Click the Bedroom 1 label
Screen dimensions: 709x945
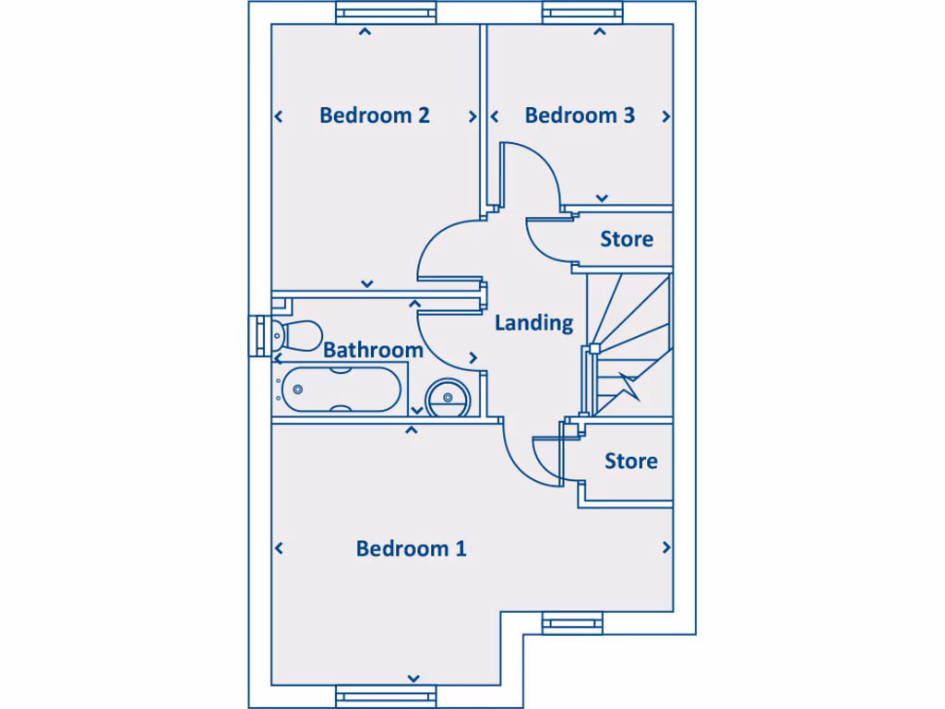pos(411,548)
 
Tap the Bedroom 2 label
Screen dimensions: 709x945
pos(374,115)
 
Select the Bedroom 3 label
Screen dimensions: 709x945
pos(580,115)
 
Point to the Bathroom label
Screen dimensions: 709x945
pos(373,350)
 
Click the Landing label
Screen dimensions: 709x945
pos(533,323)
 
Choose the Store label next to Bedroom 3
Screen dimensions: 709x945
pos(626,239)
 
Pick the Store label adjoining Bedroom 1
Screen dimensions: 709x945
pos(630,461)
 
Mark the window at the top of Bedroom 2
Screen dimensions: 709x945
pos(384,14)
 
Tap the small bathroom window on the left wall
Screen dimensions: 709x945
pos(258,334)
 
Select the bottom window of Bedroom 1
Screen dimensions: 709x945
pos(384,697)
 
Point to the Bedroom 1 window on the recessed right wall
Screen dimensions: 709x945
pos(572,623)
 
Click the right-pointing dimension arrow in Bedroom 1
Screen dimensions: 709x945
pos(666,547)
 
